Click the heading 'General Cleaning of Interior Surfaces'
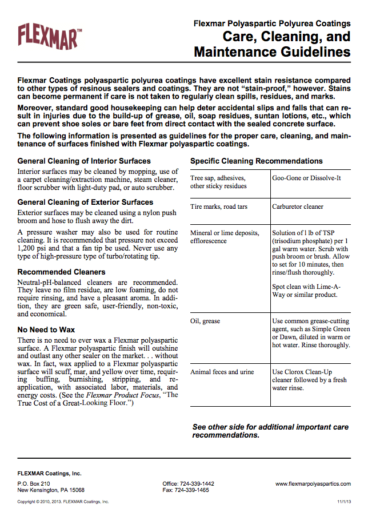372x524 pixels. [84, 161]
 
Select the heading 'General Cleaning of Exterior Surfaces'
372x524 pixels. [85, 202]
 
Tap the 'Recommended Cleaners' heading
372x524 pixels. [61, 272]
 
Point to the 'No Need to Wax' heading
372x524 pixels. [46, 330]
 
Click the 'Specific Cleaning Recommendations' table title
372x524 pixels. [256, 161]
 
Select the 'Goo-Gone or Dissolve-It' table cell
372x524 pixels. [306, 178]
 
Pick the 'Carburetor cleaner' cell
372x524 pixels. [298, 207]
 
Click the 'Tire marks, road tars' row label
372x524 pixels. [219, 207]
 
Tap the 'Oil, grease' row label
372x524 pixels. [205, 321]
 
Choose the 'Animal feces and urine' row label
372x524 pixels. [222, 372]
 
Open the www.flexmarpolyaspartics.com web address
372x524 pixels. [313, 483]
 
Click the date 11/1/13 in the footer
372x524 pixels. [343, 501]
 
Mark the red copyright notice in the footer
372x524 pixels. [63, 501]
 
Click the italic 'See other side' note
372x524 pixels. [270, 431]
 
